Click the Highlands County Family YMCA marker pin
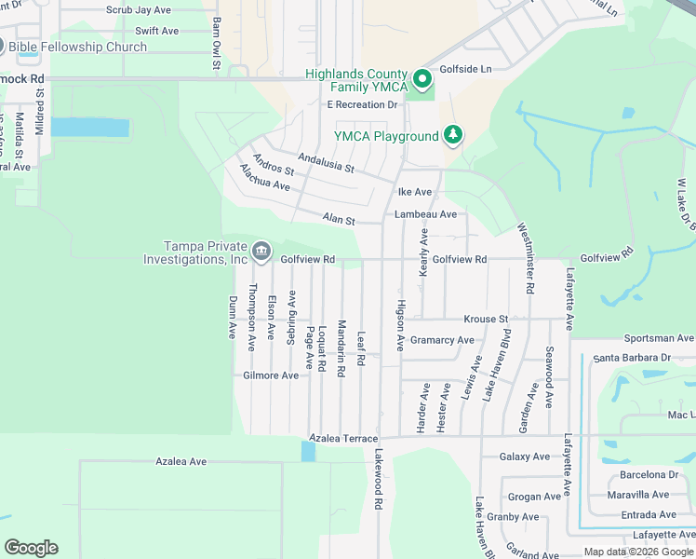pyautogui.click(x=422, y=78)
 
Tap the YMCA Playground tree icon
pyautogui.click(x=453, y=135)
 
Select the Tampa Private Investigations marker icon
pyautogui.click(x=261, y=251)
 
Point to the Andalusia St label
pyautogui.click(x=326, y=163)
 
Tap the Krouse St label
pyautogui.click(x=486, y=319)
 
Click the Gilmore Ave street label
pyautogui.click(x=271, y=375)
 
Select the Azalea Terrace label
pyautogui.click(x=343, y=438)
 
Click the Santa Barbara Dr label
pyautogui.click(x=632, y=358)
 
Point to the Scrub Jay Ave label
pyautogui.click(x=138, y=10)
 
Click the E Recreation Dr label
pyautogui.click(x=362, y=104)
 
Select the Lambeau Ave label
pyautogui.click(x=425, y=214)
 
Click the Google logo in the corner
pyautogui.click(x=31, y=548)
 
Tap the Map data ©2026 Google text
pyautogui.click(x=638, y=552)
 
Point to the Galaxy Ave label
pyautogui.click(x=525, y=457)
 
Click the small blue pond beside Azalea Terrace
pyautogui.click(x=309, y=451)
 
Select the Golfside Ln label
pyautogui.click(x=466, y=69)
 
